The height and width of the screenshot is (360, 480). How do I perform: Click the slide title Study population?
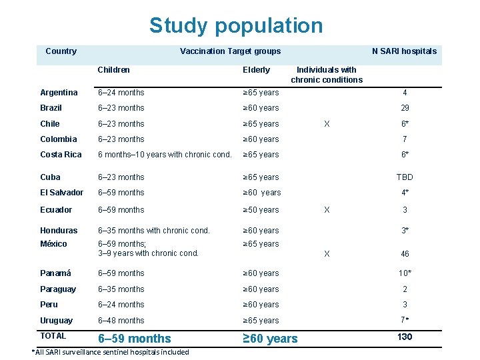click(x=236, y=26)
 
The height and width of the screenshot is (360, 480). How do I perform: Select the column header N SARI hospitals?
click(x=404, y=51)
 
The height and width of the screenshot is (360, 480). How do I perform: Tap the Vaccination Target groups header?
click(x=230, y=51)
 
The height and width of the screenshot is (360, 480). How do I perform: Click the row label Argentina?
click(x=59, y=93)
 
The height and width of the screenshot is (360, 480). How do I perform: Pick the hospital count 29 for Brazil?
click(x=405, y=108)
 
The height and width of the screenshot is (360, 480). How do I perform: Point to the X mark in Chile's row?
click(x=326, y=124)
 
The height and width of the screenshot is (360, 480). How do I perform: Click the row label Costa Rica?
click(x=61, y=155)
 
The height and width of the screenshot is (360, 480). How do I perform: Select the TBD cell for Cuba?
click(x=405, y=177)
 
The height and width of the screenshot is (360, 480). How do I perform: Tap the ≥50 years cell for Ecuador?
click(x=261, y=210)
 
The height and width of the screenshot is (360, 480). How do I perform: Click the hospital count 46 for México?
click(x=405, y=254)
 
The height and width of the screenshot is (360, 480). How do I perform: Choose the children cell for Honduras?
click(x=153, y=231)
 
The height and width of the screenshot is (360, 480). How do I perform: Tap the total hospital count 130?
click(x=405, y=337)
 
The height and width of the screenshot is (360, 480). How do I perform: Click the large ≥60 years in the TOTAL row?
click(x=270, y=339)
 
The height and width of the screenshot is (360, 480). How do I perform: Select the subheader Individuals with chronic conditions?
click(x=327, y=75)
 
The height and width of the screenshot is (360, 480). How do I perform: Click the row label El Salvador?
click(x=62, y=193)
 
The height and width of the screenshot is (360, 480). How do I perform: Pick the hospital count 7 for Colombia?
click(x=405, y=139)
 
